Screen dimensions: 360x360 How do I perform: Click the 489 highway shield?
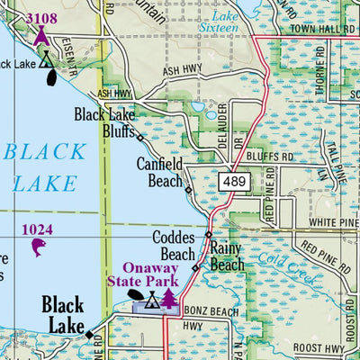[232, 182]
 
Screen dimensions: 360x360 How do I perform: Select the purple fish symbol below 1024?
[38, 247]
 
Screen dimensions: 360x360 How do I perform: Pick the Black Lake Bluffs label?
[104, 122]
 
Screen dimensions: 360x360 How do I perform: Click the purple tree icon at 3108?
[40, 36]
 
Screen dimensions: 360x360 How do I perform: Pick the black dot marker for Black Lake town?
[89, 335]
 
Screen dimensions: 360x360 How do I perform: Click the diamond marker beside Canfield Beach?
[188, 190]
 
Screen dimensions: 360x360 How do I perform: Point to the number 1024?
[38, 229]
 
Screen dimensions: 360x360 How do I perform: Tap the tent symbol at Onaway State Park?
[153, 300]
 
